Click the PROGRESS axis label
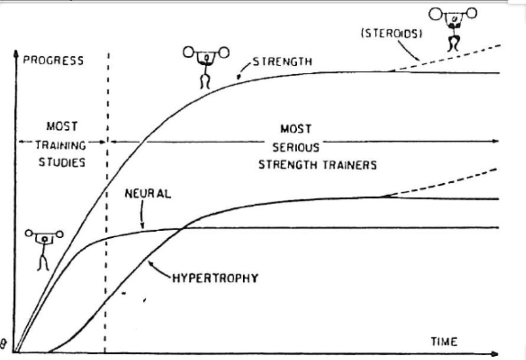(x=53, y=61)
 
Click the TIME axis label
(x=444, y=342)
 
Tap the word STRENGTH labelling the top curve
(x=282, y=61)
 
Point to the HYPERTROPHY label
(x=215, y=278)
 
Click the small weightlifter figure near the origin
(x=45, y=248)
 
